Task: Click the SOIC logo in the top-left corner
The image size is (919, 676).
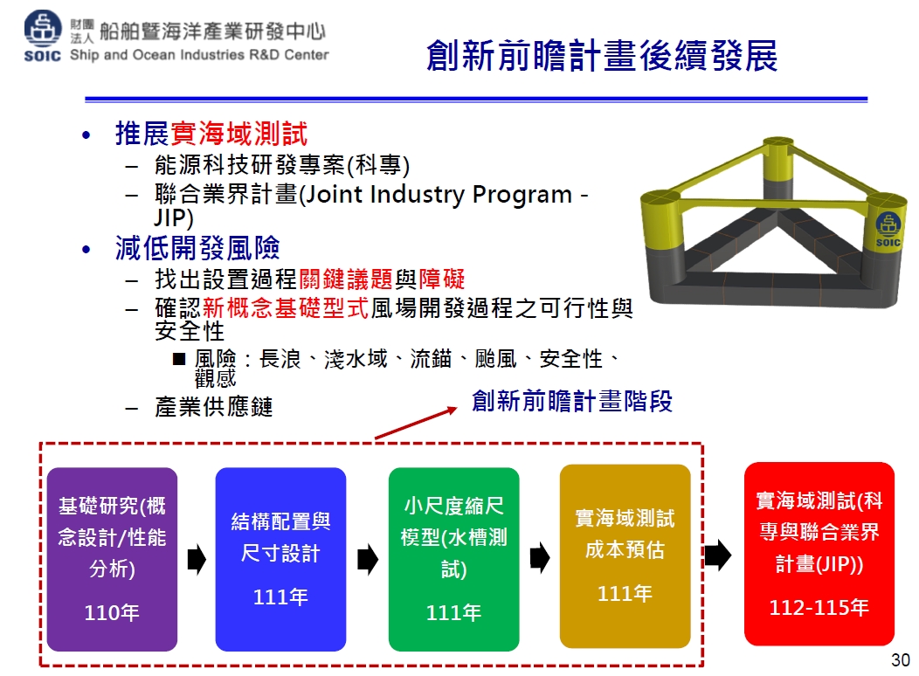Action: (x=42, y=36)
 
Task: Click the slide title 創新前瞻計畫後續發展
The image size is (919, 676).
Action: (x=602, y=56)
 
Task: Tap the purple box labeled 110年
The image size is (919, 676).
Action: (x=112, y=559)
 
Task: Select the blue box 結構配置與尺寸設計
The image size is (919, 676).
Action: (x=280, y=559)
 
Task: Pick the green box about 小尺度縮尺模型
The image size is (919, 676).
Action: (x=453, y=559)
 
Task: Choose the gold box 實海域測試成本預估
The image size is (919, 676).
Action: (x=625, y=556)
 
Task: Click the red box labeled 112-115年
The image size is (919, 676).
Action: (x=819, y=554)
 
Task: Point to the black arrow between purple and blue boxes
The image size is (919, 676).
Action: (x=197, y=559)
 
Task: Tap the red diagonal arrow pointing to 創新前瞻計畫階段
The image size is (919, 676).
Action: (x=416, y=423)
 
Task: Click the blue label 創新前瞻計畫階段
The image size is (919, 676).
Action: (x=572, y=401)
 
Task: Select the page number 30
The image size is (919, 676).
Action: (x=901, y=660)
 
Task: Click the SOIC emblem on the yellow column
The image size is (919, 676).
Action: (x=888, y=230)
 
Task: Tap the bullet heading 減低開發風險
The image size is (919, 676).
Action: (x=197, y=248)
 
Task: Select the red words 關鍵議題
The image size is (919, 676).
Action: (x=346, y=279)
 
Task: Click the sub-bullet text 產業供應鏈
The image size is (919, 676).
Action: (x=214, y=406)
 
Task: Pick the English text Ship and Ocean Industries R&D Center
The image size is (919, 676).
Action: (x=199, y=55)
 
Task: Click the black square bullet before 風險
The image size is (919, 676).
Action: (x=179, y=358)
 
